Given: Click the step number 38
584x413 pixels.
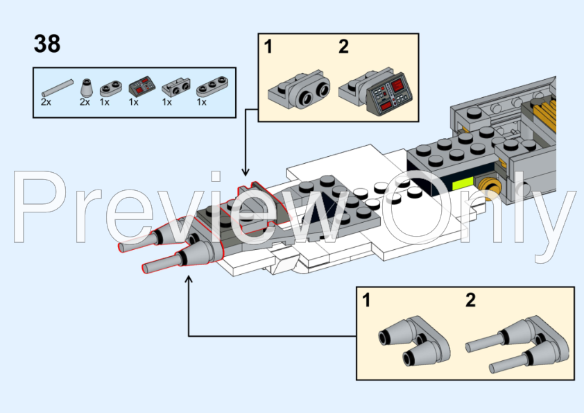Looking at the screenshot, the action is click(x=47, y=44).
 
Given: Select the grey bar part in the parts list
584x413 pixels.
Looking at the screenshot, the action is click(x=58, y=88).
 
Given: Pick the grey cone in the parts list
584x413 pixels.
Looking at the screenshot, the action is click(x=86, y=88).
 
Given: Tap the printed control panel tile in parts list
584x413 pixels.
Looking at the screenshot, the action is click(x=142, y=86).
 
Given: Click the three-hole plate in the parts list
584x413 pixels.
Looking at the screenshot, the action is click(x=212, y=87).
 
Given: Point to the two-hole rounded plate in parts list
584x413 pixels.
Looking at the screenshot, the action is click(x=111, y=89).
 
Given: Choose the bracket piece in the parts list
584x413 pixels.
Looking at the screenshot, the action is click(x=176, y=87).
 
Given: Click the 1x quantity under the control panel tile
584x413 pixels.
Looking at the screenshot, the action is click(x=134, y=102).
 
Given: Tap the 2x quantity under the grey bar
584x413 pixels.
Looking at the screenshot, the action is click(x=46, y=102).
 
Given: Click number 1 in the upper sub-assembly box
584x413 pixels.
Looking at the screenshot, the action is click(x=268, y=47).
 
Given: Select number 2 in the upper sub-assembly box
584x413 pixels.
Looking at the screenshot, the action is click(x=343, y=47).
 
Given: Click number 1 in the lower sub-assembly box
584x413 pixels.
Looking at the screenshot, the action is click(x=366, y=300).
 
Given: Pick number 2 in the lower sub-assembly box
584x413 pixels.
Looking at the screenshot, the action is click(x=470, y=300).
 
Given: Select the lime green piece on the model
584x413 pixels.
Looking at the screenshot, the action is click(x=462, y=184).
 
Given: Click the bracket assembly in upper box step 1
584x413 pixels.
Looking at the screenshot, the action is click(x=299, y=90).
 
